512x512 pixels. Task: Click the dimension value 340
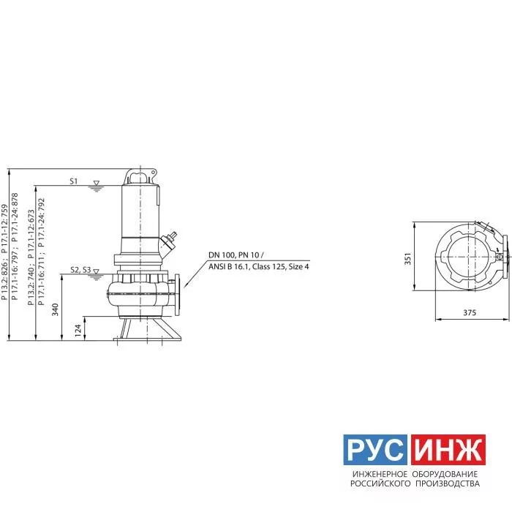click(x=55, y=309)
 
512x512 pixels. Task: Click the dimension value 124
click(x=78, y=331)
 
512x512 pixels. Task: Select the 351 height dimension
click(x=408, y=259)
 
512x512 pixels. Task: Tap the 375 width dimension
click(x=470, y=312)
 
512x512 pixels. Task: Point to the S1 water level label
click(x=74, y=181)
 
